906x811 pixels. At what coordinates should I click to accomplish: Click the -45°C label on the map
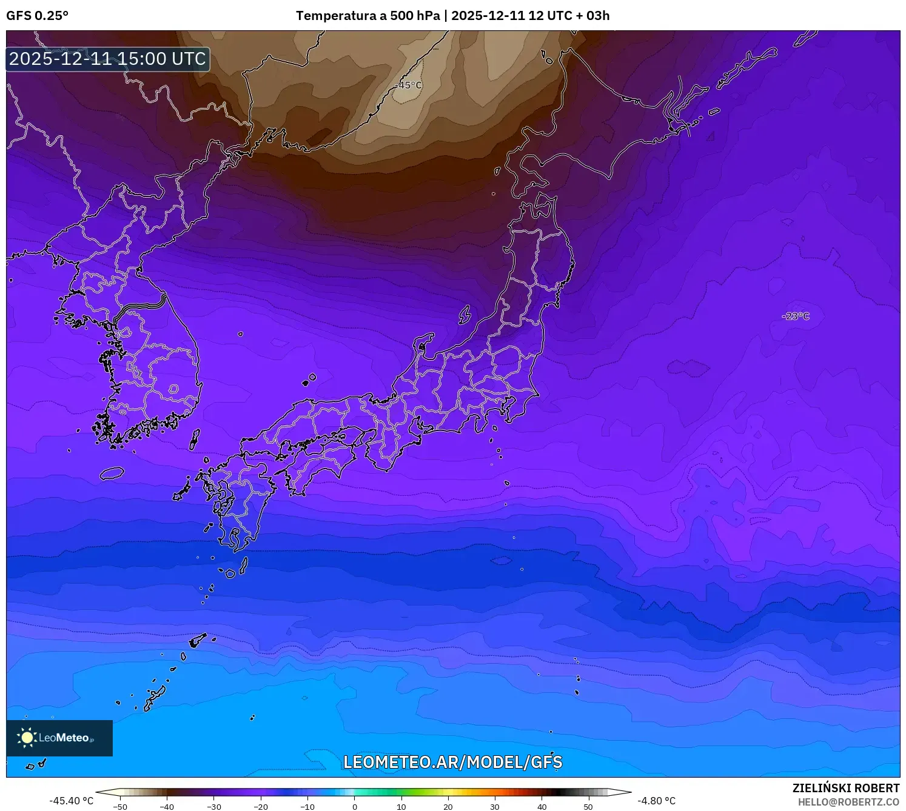(x=408, y=85)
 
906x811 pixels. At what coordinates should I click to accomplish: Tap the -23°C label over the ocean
(x=796, y=316)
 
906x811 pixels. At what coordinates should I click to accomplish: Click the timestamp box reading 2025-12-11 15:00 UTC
(x=108, y=59)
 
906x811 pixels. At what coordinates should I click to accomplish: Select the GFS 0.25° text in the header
(x=37, y=16)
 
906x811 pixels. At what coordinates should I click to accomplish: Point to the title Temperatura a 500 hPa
(x=368, y=16)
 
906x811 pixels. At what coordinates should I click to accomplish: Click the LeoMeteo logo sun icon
(x=27, y=738)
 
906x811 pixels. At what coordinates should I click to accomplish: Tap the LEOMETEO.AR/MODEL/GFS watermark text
(x=452, y=762)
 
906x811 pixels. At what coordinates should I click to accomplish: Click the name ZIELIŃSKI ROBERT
(x=845, y=788)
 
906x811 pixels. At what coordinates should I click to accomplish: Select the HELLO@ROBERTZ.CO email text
(x=848, y=802)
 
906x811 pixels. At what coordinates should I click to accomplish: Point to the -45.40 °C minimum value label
(x=71, y=801)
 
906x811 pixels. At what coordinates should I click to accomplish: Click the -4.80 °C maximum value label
(x=656, y=801)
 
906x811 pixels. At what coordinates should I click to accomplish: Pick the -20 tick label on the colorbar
(x=260, y=807)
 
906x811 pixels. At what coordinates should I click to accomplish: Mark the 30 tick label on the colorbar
(x=495, y=807)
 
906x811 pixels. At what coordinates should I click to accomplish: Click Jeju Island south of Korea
(x=112, y=473)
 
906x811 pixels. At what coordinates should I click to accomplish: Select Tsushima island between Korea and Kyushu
(x=195, y=439)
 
